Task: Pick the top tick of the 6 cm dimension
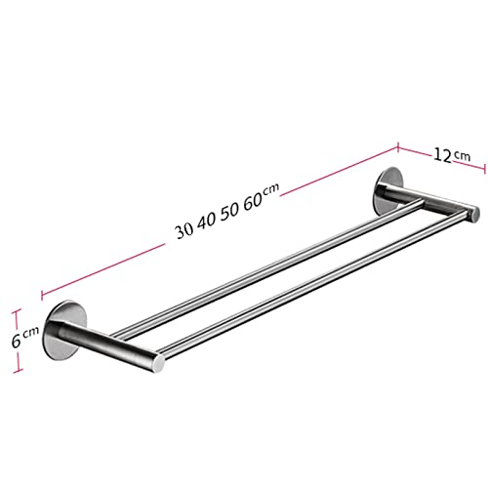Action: click(x=17, y=309)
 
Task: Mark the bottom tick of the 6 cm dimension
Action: click(x=17, y=371)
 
